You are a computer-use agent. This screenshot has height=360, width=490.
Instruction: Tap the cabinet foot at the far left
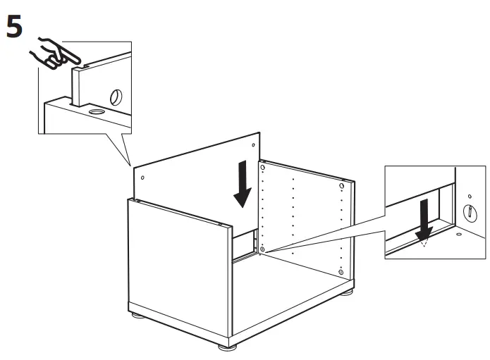(136, 318)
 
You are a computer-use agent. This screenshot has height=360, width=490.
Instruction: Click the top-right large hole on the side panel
(342, 187)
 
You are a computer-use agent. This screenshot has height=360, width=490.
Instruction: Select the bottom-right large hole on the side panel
(342, 271)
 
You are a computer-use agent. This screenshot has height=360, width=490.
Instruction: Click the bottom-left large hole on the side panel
(262, 249)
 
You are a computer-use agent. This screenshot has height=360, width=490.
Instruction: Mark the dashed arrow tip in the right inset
(424, 247)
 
